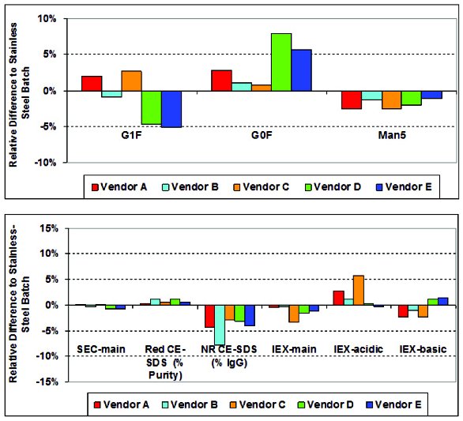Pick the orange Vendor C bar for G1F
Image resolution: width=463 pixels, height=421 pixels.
point(131,81)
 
